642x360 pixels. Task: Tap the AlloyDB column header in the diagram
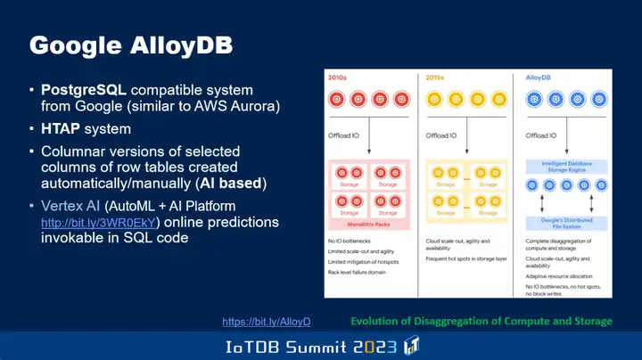click(538, 78)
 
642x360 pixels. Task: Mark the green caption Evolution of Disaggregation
click(481, 320)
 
